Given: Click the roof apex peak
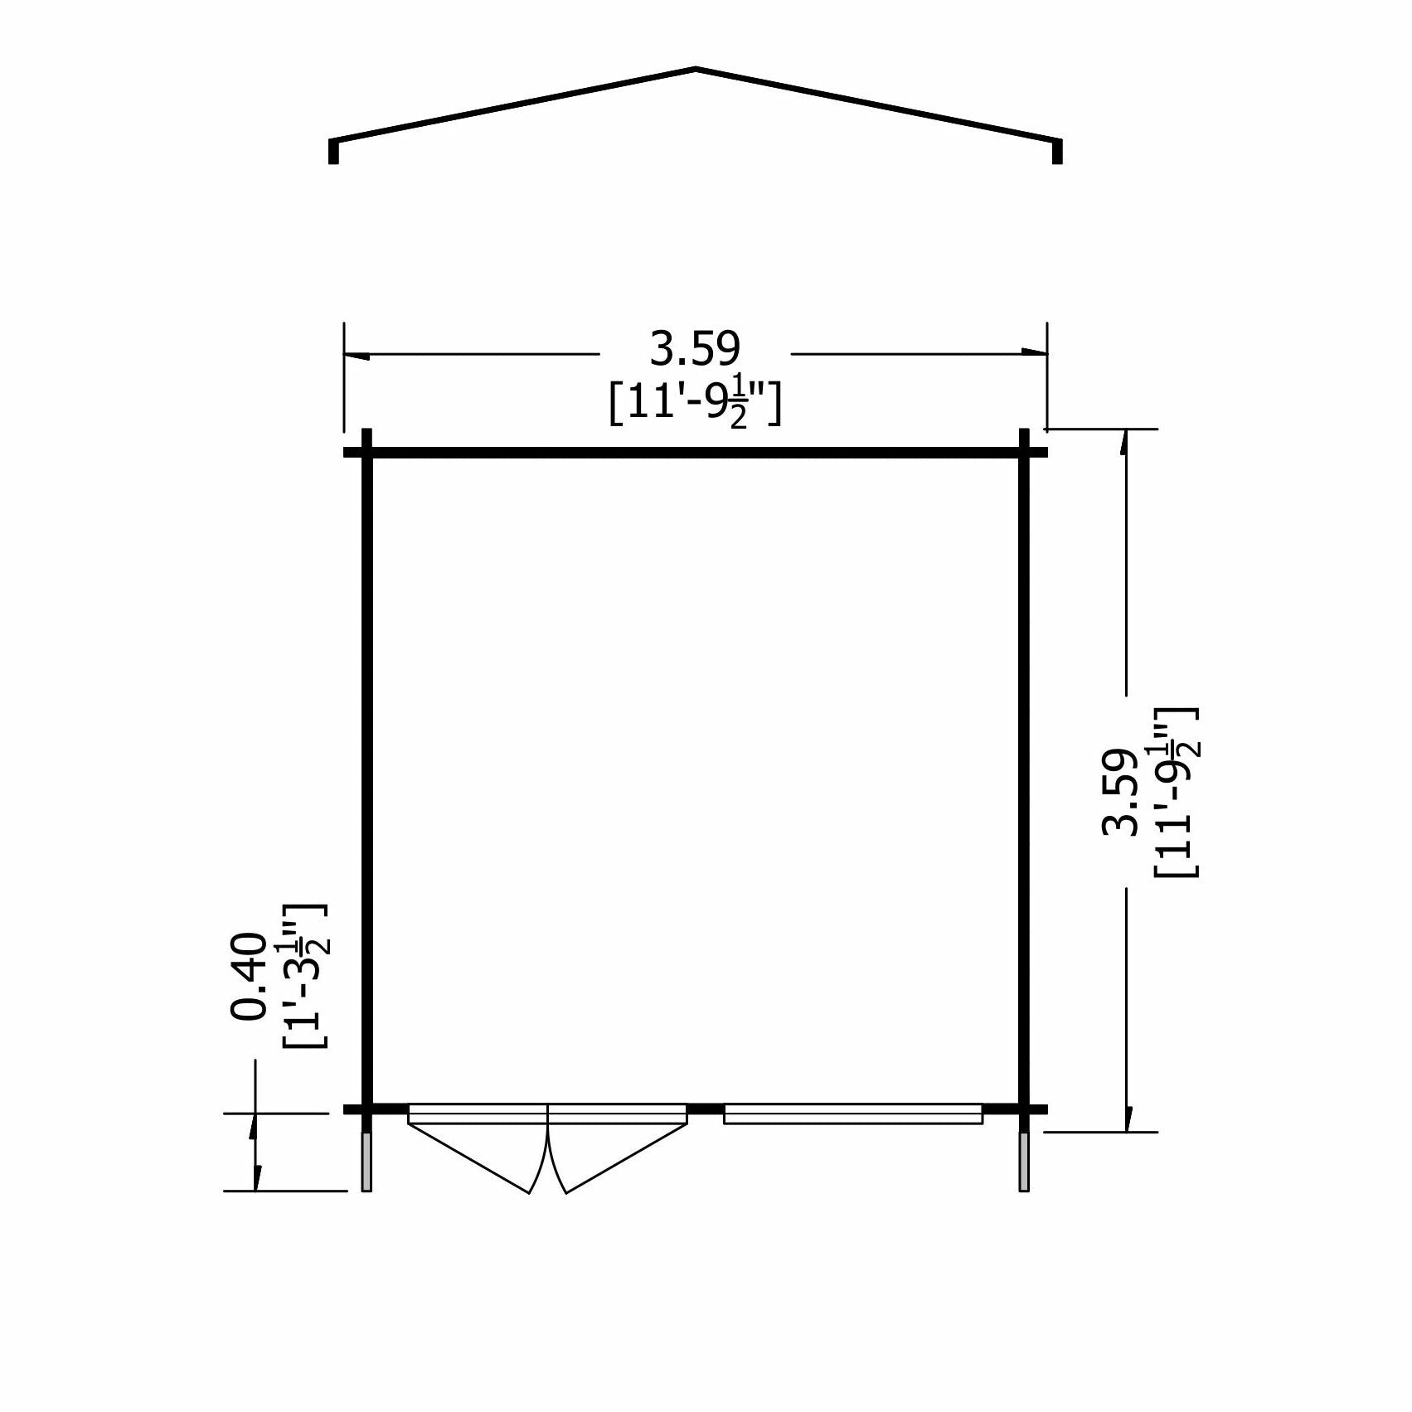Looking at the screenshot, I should coord(696,69).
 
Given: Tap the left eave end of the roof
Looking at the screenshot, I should coord(333,151).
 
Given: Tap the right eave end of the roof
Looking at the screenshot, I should coord(1057,151).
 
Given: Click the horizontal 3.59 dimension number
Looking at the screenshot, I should coord(695,349).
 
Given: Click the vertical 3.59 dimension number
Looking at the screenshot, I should coord(1118,792).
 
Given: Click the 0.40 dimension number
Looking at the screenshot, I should coord(249,975).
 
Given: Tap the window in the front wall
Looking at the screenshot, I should coord(852,1114).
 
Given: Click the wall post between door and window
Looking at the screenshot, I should coord(706,1109).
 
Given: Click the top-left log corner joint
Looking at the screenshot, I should coord(367,453).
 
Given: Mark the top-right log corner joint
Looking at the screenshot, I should coord(1024,453).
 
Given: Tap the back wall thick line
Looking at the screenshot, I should coord(695,453).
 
